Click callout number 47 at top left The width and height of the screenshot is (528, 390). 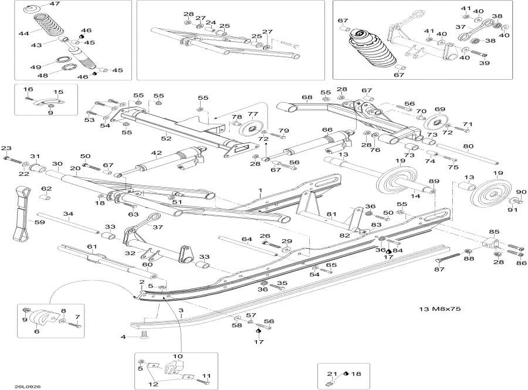pyautogui.click(x=55, y=4)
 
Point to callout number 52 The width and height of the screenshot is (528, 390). pyautogui.click(x=166, y=138)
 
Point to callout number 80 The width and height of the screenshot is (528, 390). pyautogui.click(x=468, y=147)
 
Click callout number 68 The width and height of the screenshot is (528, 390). pyautogui.click(x=306, y=97)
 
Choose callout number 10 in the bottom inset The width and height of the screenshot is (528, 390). pyautogui.click(x=177, y=357)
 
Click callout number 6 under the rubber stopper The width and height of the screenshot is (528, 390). pyautogui.click(x=36, y=331)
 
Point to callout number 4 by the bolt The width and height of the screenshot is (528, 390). pyautogui.click(x=123, y=337)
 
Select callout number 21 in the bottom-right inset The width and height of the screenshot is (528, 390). pyautogui.click(x=330, y=374)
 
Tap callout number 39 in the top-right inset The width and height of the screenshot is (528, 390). pyautogui.click(x=485, y=63)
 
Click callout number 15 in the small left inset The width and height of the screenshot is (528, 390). pyautogui.click(x=58, y=92)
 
